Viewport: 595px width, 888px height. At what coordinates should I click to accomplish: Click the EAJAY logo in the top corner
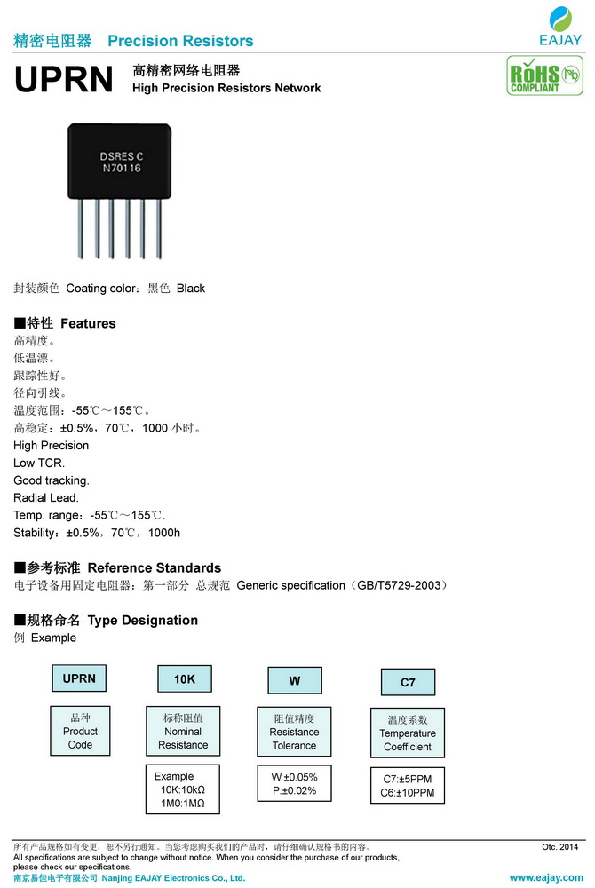[560, 28]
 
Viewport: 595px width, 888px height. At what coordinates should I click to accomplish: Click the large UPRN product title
[64, 80]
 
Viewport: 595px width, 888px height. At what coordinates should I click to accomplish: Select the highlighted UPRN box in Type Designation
[79, 679]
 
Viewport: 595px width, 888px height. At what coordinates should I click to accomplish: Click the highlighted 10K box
[184, 679]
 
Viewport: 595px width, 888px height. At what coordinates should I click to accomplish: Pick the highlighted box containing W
[294, 681]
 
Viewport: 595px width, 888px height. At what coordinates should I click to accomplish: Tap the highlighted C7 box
[408, 682]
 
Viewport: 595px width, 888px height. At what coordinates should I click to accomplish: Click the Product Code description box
[80, 731]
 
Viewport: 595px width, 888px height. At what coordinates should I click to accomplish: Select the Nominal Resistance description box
[183, 731]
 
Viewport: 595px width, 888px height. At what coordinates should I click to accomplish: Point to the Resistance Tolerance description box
[294, 732]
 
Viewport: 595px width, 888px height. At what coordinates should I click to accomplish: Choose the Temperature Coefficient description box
[408, 733]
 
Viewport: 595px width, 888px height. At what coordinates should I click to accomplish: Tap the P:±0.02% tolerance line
[294, 791]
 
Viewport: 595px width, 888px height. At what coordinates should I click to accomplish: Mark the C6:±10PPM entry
[408, 793]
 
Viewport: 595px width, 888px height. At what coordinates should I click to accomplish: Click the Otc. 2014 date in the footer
[559, 847]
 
